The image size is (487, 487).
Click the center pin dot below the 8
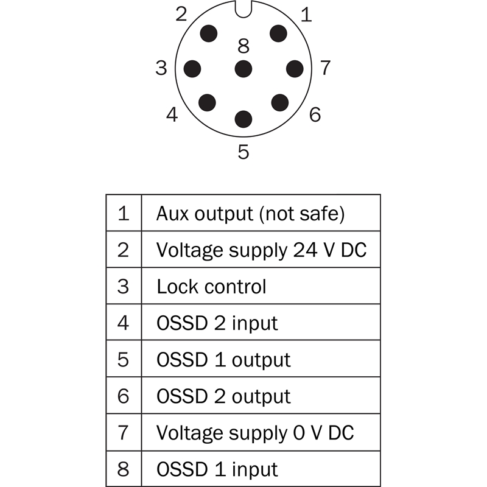243,68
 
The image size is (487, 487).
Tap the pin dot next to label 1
279,34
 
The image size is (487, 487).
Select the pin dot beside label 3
193,68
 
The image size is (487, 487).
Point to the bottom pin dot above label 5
243,118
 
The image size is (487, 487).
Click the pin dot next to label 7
295,68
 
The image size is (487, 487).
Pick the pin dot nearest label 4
208,102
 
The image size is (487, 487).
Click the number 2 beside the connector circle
181,15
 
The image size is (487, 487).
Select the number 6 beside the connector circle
315,114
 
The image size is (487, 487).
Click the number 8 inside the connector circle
243,46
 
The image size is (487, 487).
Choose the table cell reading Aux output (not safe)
250,214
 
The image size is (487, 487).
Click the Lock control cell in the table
211,286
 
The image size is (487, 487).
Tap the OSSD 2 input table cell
217,323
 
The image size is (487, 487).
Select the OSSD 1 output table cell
223,359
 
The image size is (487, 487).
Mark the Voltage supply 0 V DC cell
255,432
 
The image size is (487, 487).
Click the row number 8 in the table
124,469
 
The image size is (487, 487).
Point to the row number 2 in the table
124,250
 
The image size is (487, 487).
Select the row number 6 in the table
124,396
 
